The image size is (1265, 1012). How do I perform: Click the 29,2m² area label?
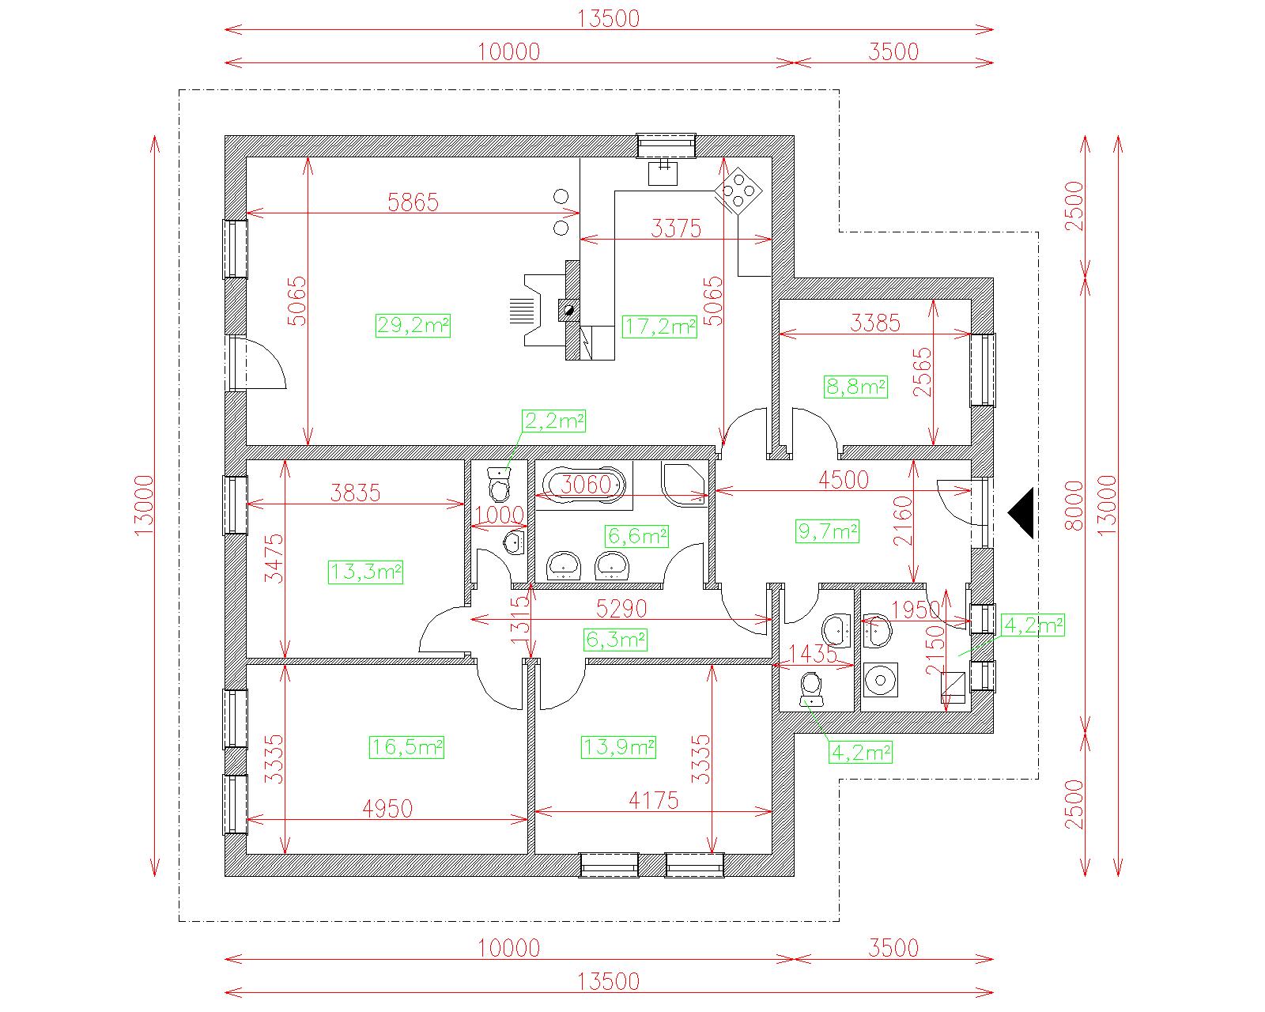click(x=413, y=325)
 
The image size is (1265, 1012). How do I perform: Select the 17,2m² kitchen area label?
click(x=659, y=326)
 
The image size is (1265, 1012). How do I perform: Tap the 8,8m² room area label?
click(x=855, y=387)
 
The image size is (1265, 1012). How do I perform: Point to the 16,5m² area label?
click(x=406, y=747)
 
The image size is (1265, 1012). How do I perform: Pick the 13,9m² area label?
click(x=618, y=747)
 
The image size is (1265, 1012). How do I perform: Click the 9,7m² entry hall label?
click(x=828, y=531)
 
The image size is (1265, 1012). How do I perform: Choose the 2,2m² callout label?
click(x=553, y=421)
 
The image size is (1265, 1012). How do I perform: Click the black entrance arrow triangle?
click(x=1021, y=513)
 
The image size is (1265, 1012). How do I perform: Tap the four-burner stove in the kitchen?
click(x=738, y=191)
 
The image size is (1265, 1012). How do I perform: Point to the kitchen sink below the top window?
click(x=663, y=173)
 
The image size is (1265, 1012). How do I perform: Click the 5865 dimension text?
click(x=413, y=202)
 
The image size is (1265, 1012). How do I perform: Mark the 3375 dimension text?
click(x=676, y=228)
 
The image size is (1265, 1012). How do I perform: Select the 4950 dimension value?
click(x=387, y=809)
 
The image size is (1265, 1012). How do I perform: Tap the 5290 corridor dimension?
click(x=621, y=609)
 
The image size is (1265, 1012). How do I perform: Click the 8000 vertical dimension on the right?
click(x=1074, y=505)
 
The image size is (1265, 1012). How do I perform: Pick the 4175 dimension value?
click(x=653, y=800)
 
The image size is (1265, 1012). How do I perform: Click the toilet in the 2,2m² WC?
click(x=499, y=483)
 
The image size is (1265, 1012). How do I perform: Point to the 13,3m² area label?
click(x=365, y=572)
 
